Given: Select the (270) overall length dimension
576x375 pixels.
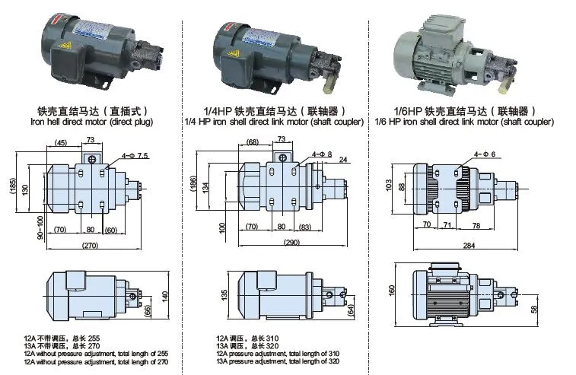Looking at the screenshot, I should [x=91, y=246].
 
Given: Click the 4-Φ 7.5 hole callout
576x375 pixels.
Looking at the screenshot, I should [x=135, y=156].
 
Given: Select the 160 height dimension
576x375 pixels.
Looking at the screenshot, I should [x=393, y=289].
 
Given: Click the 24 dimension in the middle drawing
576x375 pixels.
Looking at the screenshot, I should [x=343, y=160].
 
